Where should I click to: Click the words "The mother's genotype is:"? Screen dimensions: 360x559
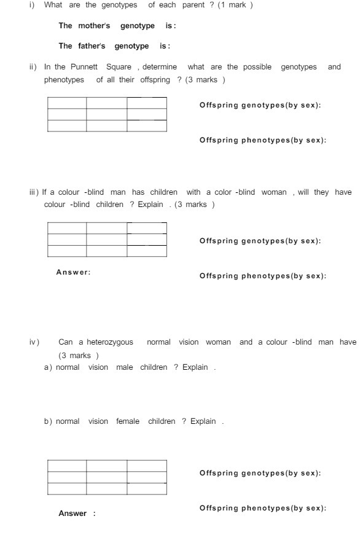115,26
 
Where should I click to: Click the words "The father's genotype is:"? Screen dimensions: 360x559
114,46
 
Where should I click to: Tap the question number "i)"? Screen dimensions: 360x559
32,6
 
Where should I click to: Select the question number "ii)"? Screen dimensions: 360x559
33,67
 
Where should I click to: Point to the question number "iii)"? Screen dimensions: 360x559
34,192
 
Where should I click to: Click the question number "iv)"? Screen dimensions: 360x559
34,342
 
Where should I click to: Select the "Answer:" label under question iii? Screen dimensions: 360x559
73,272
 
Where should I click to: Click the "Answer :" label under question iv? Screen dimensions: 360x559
77,514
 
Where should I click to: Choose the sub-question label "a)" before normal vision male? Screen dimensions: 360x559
48,367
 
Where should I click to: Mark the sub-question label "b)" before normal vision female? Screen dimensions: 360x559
48,421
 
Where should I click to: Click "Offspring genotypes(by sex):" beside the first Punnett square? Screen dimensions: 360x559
260,105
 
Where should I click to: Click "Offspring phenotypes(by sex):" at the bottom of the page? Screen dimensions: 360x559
262,508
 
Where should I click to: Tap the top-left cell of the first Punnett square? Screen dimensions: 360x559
66,103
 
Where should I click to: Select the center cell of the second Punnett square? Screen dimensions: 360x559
106,240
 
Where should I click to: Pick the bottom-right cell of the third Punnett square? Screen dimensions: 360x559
147,489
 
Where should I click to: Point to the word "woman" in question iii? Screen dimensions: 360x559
274,192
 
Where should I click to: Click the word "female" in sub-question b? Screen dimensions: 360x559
128,421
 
